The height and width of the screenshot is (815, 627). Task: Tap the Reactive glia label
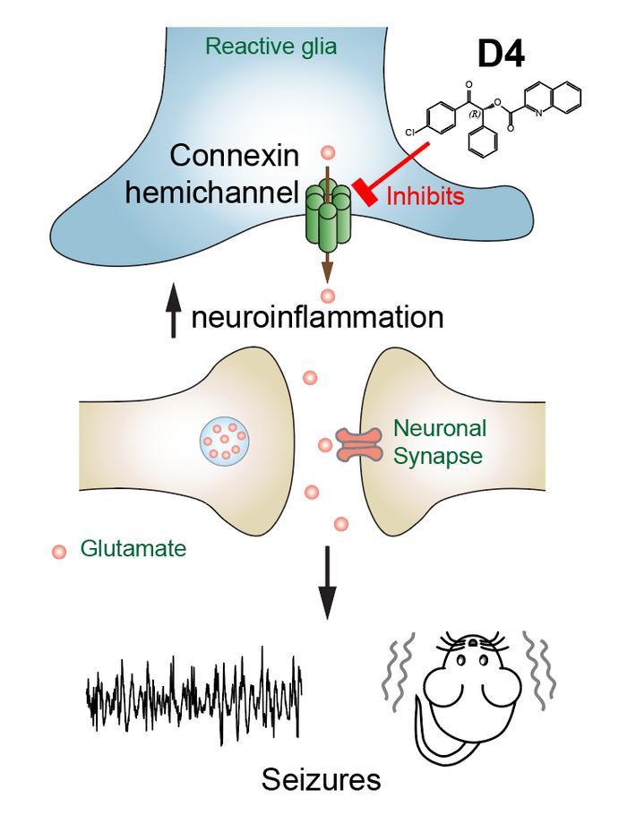tap(271, 46)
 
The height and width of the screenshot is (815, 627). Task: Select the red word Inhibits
tap(425, 196)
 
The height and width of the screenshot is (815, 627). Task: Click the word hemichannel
tap(211, 192)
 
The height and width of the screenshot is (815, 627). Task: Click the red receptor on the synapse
tap(358, 445)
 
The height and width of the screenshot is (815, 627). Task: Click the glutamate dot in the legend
tap(59, 551)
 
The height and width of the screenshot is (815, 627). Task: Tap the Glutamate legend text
tap(133, 548)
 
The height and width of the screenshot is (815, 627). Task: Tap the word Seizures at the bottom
tap(321, 781)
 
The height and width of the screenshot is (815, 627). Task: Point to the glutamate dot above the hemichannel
tap(328, 154)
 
